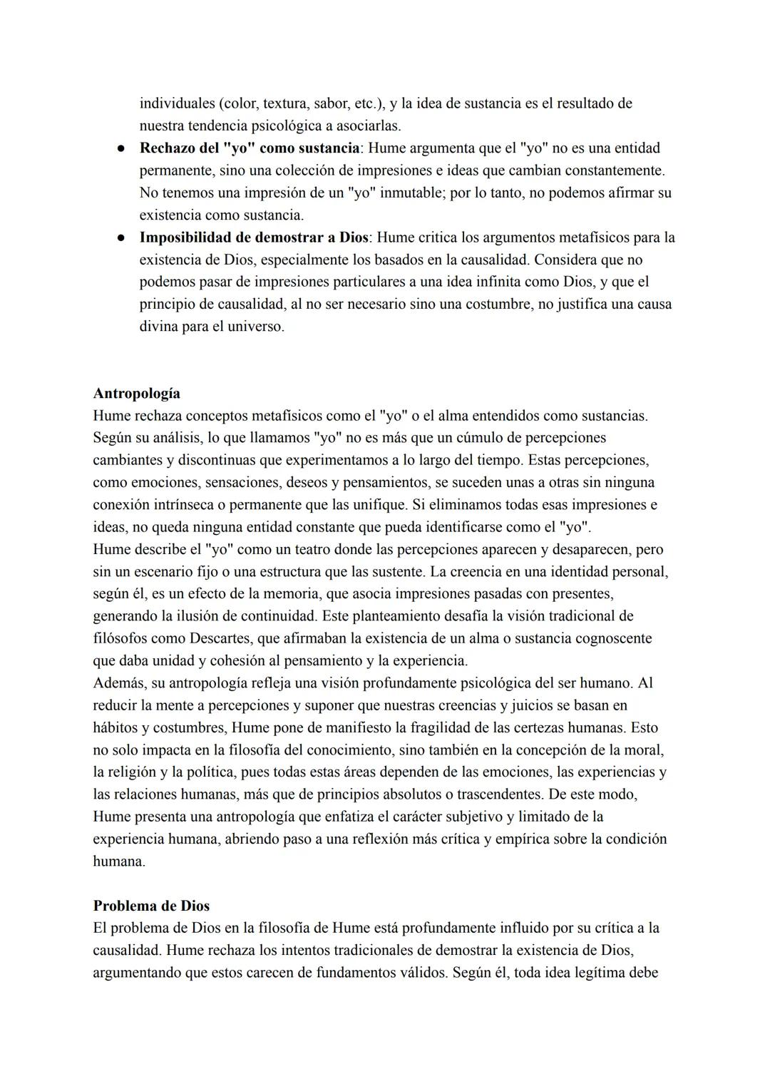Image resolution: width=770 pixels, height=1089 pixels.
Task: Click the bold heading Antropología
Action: (136, 394)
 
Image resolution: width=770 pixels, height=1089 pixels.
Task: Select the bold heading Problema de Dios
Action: (151, 906)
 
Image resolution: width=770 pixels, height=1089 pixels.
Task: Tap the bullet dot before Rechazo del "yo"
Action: (122, 149)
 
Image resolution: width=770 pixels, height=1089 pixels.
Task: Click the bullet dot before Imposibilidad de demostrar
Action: (122, 238)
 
